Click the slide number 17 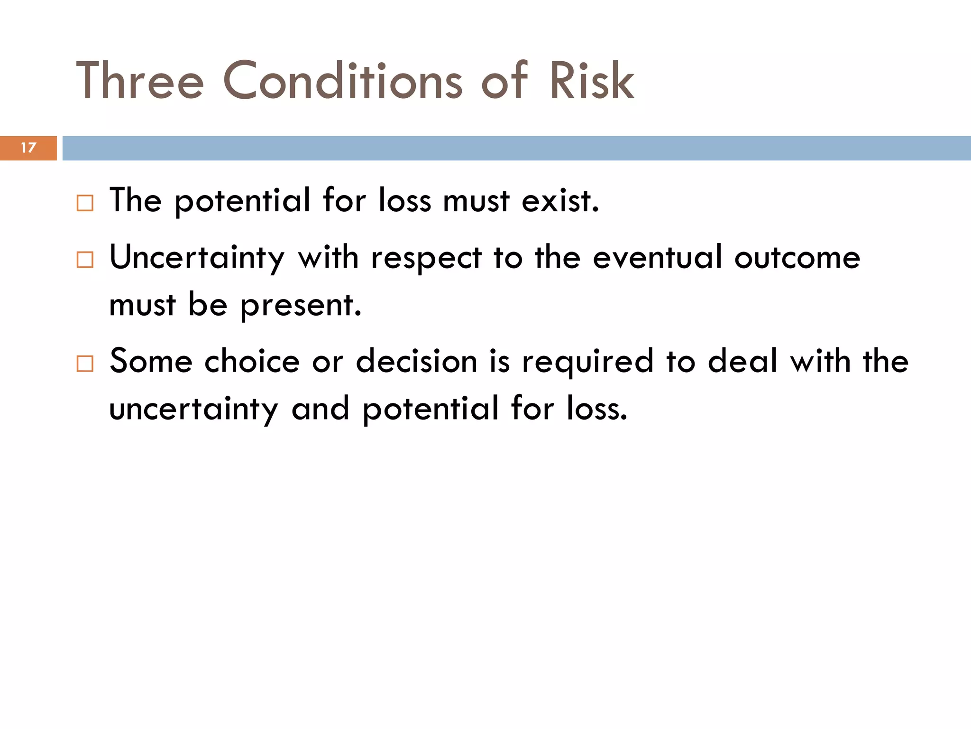28,148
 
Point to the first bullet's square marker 85,203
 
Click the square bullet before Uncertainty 85,260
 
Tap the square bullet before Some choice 85,364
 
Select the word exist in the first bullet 560,201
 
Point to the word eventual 658,258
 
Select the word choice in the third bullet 252,362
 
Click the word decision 416,362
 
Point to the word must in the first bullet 476,201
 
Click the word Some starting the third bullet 151,362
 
